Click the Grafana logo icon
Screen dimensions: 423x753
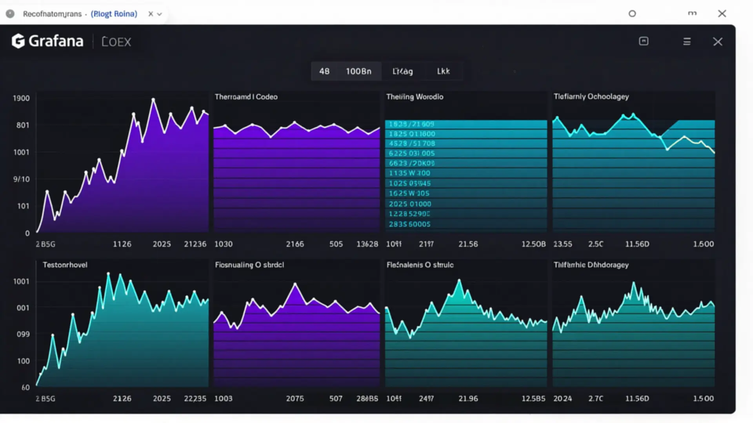click(18, 41)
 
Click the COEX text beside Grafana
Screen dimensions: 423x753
click(116, 42)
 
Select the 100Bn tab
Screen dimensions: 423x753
click(358, 71)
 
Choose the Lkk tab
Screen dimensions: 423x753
click(443, 71)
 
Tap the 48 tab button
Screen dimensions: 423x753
click(324, 71)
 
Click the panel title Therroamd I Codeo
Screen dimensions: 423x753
click(246, 97)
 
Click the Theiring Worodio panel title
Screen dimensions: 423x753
click(415, 97)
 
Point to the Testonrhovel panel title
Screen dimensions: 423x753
click(65, 265)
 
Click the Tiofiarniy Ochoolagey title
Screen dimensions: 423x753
click(591, 96)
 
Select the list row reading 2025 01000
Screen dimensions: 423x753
click(410, 204)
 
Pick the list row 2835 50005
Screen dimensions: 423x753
click(409, 224)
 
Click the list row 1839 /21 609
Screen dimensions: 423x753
click(411, 124)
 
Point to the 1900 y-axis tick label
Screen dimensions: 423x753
click(21, 98)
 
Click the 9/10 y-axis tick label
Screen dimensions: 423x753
click(21, 179)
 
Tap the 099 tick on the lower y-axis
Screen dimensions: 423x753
click(23, 334)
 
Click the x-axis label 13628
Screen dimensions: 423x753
click(367, 244)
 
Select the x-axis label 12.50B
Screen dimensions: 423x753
click(533, 244)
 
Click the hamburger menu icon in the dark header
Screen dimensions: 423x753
click(687, 42)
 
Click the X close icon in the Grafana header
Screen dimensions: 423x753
click(717, 42)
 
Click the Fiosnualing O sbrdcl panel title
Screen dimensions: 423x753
click(249, 265)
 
